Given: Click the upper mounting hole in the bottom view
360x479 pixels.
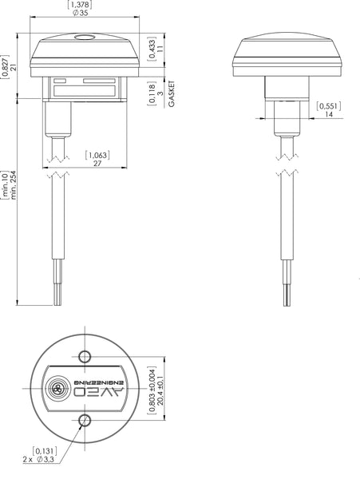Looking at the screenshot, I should pos(85,357).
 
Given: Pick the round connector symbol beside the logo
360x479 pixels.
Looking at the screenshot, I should pos(57,389).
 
